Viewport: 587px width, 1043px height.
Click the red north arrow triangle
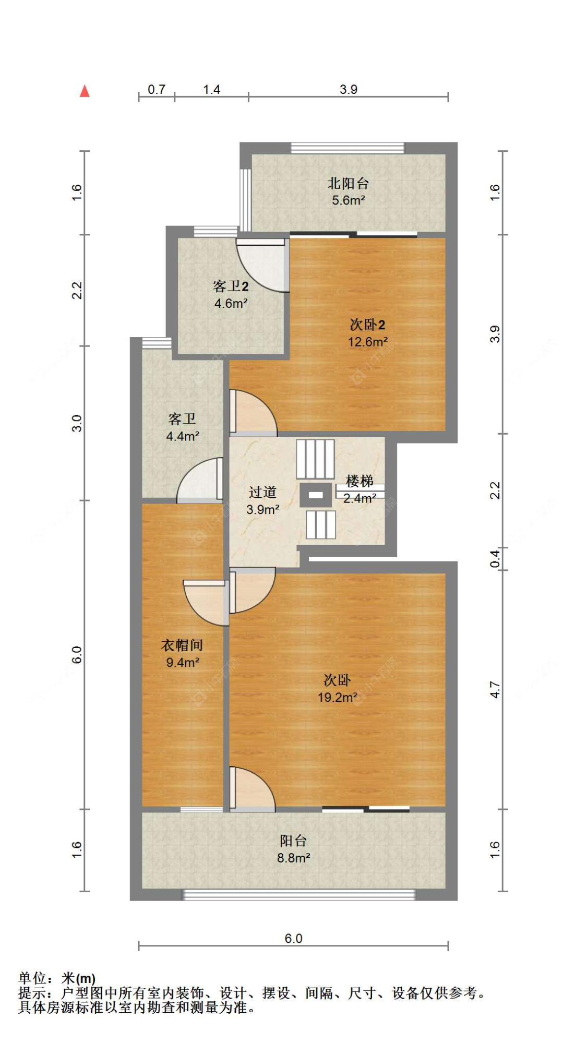(85, 91)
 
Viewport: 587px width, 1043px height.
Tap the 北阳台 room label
(348, 184)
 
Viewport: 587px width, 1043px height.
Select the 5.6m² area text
(348, 200)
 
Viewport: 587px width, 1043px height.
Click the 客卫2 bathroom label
(231, 286)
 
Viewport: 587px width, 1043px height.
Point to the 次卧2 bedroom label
(367, 325)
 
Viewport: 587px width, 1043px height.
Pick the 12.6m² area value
(367, 342)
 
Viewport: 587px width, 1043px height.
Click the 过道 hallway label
(262, 492)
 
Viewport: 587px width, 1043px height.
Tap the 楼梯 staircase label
(360, 481)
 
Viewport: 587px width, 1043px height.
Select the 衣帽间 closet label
(182, 645)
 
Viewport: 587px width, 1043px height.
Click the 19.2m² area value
(337, 697)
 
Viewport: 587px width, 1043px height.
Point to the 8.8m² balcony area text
(293, 858)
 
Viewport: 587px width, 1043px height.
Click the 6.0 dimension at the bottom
(293, 939)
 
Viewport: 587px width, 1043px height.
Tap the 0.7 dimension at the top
(157, 90)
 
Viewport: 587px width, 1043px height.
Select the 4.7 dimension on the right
(495, 690)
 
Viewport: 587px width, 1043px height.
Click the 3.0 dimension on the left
(77, 423)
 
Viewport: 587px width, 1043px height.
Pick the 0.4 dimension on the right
(495, 559)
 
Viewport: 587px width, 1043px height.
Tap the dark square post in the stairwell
(316, 495)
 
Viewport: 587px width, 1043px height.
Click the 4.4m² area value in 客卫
(182, 436)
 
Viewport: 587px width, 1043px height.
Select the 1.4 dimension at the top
(211, 90)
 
